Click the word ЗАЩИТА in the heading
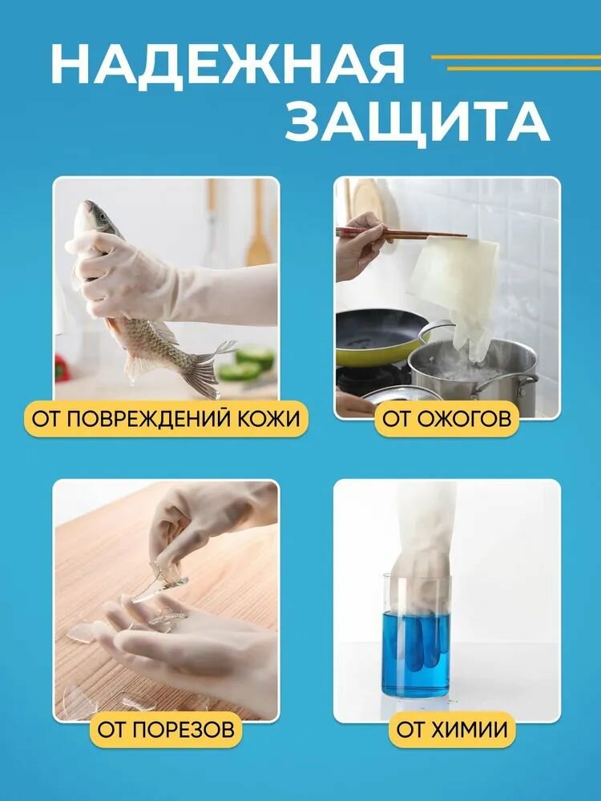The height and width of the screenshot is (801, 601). pos(417,122)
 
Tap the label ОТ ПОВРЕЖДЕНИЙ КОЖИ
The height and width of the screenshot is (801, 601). pos(167,418)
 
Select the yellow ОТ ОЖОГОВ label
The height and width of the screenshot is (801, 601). pos(446,418)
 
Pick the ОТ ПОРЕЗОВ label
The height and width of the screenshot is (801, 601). pos(167,729)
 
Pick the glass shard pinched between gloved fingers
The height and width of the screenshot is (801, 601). pos(160,581)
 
